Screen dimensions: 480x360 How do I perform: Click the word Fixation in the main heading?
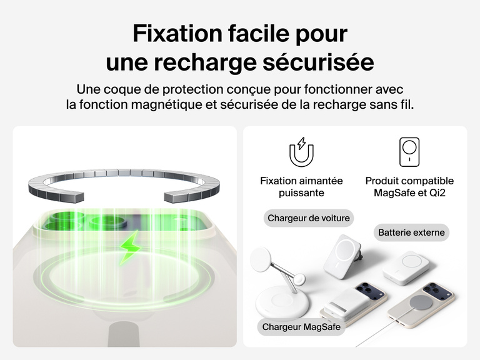177,33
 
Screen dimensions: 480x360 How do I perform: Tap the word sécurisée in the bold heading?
318,62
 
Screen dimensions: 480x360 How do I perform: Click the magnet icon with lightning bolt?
301,152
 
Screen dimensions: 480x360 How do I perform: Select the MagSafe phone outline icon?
409,152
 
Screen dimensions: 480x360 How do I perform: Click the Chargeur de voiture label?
309,218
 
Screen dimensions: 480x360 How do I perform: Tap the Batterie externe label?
411,232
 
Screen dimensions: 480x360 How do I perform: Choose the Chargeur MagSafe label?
301,327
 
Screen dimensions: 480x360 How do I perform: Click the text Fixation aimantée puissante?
301,187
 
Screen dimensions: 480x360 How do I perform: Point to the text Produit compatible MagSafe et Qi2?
409,187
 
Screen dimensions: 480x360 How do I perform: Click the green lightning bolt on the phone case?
131,247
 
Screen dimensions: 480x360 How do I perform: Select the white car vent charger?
341,256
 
